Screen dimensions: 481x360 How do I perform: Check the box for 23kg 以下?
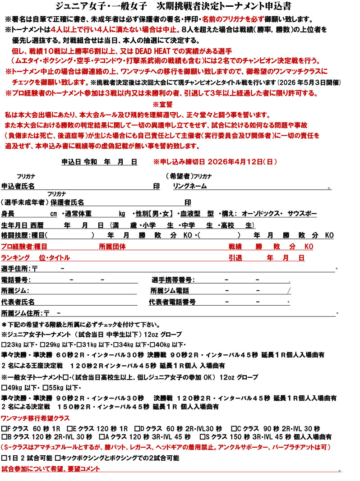[4, 344]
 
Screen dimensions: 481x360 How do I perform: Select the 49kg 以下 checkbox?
[4, 387]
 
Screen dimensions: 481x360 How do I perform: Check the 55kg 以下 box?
[45, 387]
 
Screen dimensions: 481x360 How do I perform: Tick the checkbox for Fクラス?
[4, 428]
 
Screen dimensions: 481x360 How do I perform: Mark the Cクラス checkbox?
[234, 428]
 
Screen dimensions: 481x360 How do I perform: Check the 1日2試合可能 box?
[4, 458]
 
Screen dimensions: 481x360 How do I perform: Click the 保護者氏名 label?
[67, 202]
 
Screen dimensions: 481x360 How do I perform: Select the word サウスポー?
[302, 213]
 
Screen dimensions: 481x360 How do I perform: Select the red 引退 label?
[235, 258]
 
